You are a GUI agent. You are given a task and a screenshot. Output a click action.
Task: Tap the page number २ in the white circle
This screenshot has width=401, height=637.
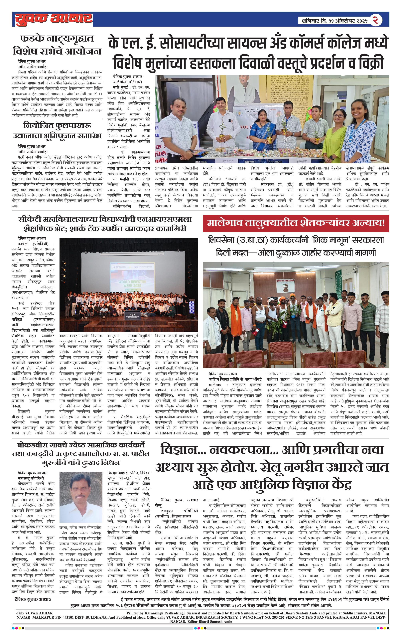pyautogui.click(x=375, y=20)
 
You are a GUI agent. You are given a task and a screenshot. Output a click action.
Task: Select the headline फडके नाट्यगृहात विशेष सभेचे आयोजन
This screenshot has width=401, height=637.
pyautogui.click(x=57, y=45)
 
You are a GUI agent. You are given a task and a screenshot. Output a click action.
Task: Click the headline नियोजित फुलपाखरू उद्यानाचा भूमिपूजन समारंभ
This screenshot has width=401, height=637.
pyautogui.click(x=57, y=130)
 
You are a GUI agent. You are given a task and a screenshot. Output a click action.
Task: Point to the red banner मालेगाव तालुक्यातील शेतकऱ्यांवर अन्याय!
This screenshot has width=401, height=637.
pyautogui.click(x=296, y=223)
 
